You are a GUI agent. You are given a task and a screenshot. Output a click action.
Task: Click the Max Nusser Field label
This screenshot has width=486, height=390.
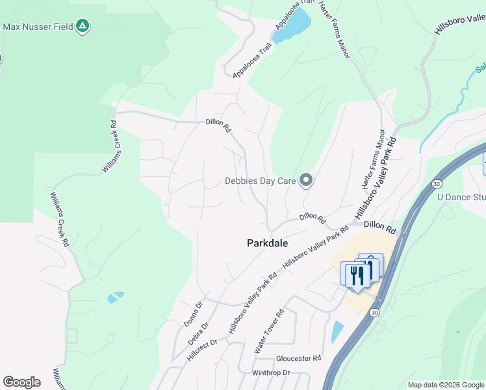click(x=38, y=27)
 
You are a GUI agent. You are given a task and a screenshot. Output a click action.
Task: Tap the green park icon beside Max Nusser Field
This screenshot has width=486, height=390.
click(x=82, y=26)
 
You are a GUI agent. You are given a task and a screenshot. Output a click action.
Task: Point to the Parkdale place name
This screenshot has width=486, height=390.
click(x=267, y=243)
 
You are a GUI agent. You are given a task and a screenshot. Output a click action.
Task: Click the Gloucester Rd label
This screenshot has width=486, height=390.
click(x=299, y=358)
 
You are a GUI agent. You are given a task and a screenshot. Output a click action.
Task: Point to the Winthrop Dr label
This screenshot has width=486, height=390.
click(x=270, y=372)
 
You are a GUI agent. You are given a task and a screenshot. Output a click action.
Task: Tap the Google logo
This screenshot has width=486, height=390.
click(x=21, y=382)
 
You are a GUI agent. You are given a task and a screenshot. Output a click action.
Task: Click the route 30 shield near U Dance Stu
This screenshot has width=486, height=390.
click(x=435, y=185)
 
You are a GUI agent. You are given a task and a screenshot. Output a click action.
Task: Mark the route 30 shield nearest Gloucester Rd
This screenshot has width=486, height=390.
click(x=374, y=313)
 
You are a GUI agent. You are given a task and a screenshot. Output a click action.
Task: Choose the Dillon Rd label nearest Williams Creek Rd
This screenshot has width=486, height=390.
click(x=218, y=125)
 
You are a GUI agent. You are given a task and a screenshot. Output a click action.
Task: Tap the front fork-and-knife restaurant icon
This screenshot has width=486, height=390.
click(x=355, y=276)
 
